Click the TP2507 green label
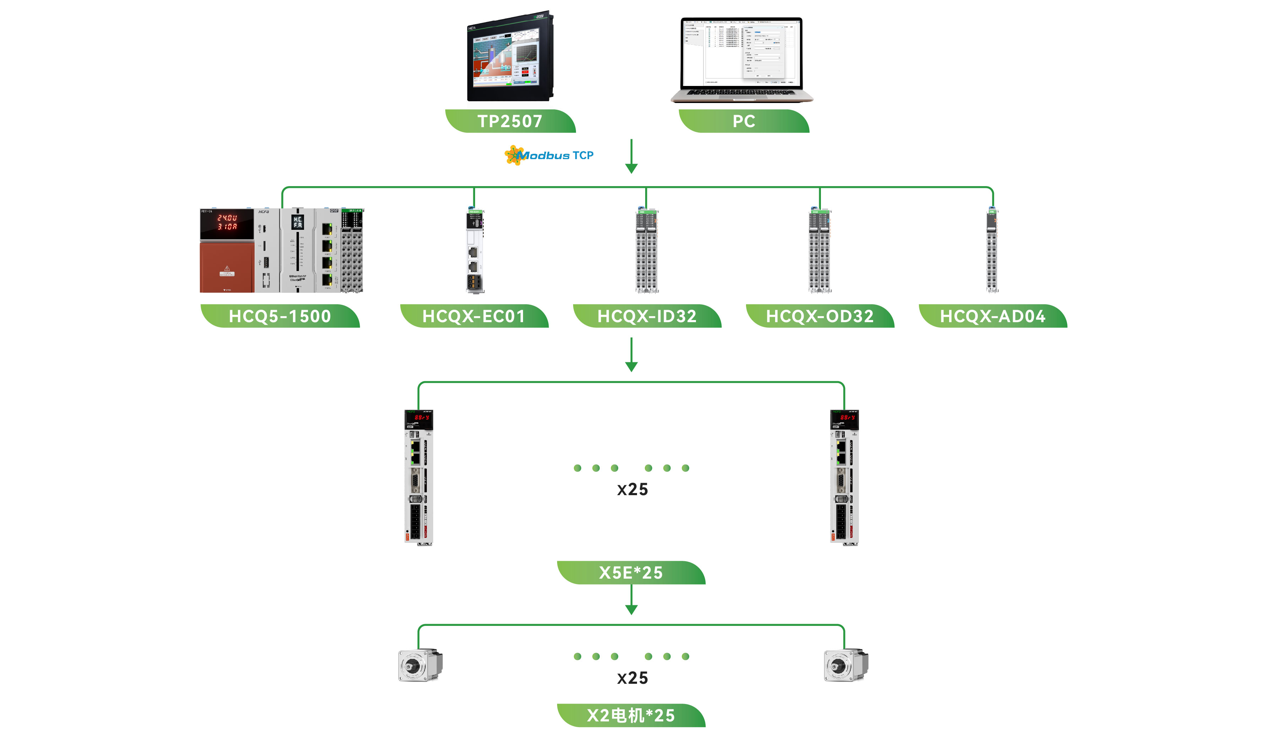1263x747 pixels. (x=510, y=121)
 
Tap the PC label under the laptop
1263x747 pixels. (x=744, y=121)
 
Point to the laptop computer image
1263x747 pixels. (x=742, y=59)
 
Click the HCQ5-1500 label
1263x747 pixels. (x=280, y=316)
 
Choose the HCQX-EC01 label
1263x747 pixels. (x=474, y=316)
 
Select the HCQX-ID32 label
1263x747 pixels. (x=647, y=316)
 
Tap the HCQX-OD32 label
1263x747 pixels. (x=820, y=316)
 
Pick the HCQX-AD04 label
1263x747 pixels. (x=993, y=316)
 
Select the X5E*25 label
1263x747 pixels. (x=631, y=573)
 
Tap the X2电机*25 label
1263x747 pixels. (x=631, y=715)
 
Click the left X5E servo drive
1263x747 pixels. (x=419, y=477)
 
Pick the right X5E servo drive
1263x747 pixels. (x=844, y=477)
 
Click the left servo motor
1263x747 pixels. (x=420, y=665)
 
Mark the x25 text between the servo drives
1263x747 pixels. (x=632, y=489)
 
